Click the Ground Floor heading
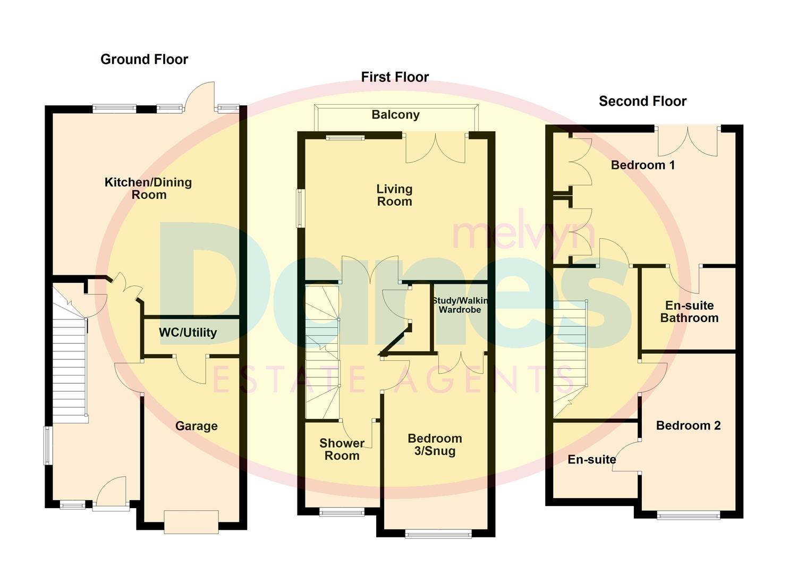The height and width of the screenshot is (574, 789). point(144,59)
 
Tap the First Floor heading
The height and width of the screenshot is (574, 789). point(395,77)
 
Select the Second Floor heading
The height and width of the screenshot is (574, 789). point(642,101)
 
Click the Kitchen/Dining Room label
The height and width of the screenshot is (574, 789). point(148,189)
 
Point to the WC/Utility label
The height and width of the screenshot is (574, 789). point(188,333)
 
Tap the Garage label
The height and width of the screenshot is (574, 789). point(196,426)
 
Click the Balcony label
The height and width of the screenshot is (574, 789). point(395,115)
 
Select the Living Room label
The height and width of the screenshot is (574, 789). point(394,195)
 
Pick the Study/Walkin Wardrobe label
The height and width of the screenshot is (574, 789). point(460,305)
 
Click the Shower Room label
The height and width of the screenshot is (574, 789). point(342,449)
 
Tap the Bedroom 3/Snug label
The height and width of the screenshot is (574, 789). point(435,445)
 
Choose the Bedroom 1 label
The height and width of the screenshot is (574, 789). point(642,165)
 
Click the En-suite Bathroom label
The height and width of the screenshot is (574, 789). point(689,311)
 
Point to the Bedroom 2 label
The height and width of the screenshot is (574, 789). point(688,425)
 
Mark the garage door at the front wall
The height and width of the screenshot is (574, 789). point(191,521)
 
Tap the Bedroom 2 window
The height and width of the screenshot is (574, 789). point(688,514)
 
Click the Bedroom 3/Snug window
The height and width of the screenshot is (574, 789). point(438,534)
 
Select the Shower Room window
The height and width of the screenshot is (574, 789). point(342,512)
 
